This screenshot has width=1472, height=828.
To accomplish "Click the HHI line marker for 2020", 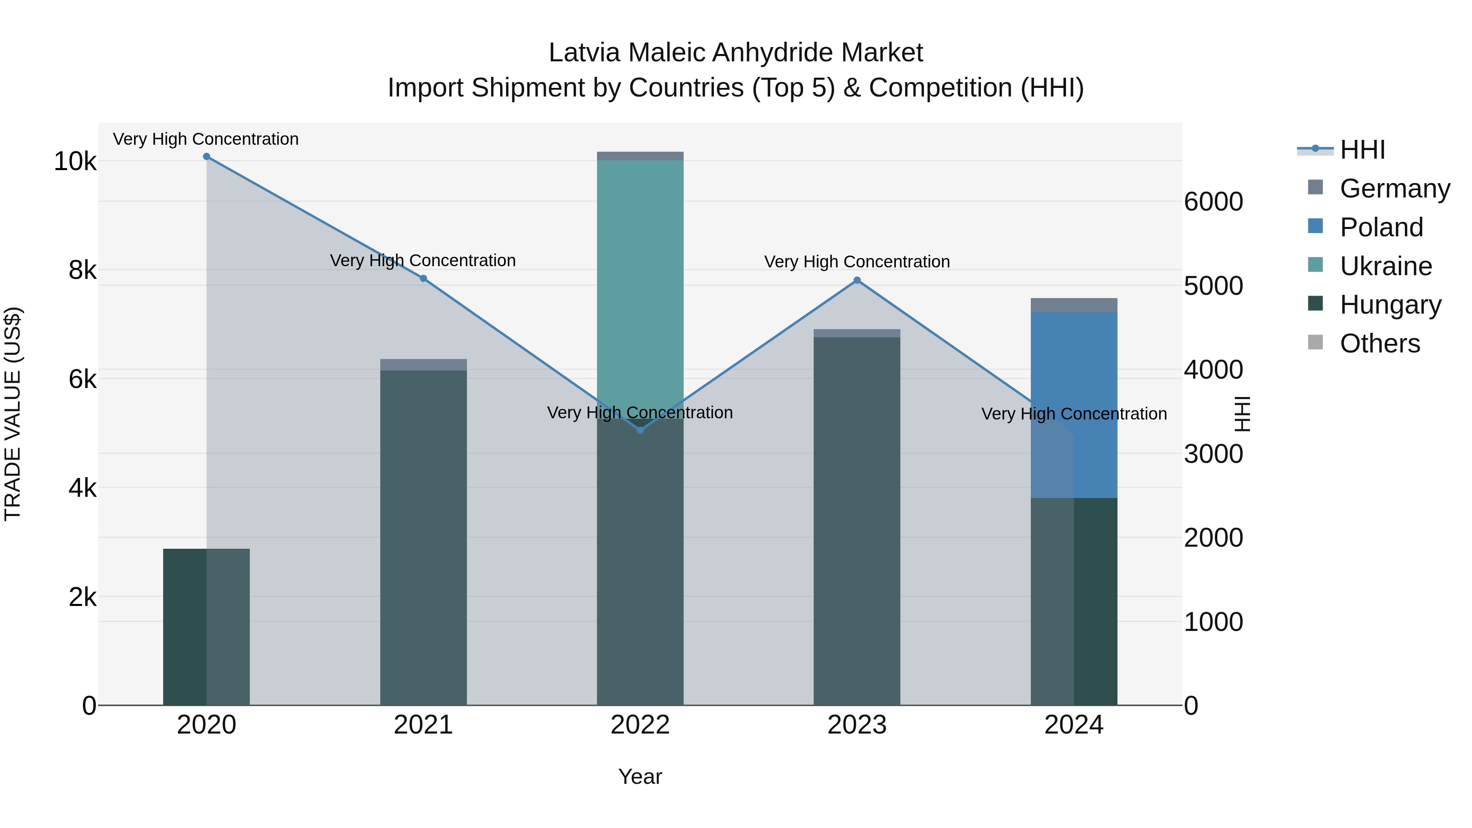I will [x=206, y=157].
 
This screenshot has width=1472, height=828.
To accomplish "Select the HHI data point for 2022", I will [x=640, y=430].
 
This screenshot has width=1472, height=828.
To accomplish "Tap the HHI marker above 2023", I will [x=857, y=280].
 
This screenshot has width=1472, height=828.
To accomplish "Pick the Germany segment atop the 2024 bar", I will [x=1074, y=305].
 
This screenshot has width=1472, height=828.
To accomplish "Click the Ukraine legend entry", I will [x=1385, y=266].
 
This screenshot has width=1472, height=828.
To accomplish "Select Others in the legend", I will [x=1380, y=343].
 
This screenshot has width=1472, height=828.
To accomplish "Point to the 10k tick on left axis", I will [x=75, y=162].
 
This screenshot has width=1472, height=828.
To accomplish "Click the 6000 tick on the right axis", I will [x=1213, y=202].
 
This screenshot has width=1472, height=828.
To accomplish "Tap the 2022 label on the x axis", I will [x=640, y=725].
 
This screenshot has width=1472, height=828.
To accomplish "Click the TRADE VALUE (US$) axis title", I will [x=13, y=414].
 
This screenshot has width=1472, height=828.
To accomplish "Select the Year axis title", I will [x=640, y=776].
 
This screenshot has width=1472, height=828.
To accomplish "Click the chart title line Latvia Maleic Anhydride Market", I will [x=736, y=53].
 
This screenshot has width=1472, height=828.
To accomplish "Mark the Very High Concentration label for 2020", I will [x=206, y=139].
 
